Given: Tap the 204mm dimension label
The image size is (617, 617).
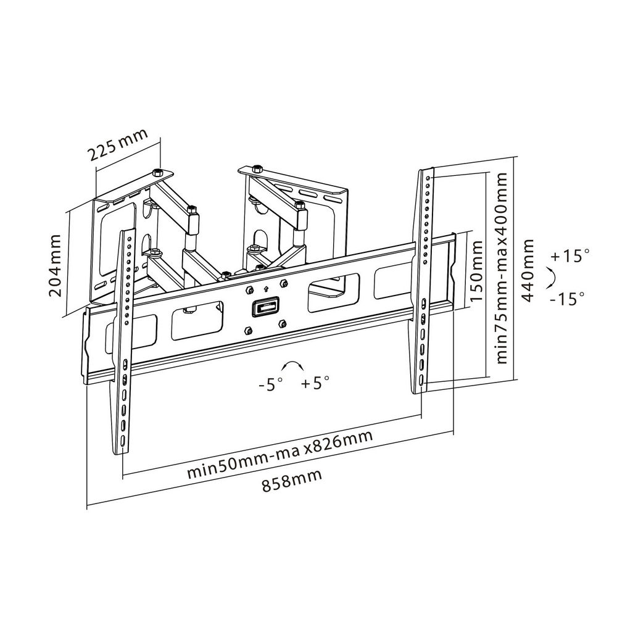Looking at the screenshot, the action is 56,265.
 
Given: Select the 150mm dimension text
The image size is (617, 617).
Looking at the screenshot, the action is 476,271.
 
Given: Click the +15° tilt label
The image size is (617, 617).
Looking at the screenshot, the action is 570,256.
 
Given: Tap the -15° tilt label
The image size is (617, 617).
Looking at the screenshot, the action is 568,298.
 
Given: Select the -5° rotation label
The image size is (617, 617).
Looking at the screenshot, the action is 271,384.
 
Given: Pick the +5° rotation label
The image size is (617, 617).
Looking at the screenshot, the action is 315,382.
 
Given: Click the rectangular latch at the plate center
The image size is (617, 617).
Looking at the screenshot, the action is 265,306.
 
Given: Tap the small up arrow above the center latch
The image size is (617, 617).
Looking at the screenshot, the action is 265,289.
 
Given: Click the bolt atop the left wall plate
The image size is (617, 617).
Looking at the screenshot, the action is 157,172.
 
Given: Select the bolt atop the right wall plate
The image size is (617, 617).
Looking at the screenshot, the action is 257,169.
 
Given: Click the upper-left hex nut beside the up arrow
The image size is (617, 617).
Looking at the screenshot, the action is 248,290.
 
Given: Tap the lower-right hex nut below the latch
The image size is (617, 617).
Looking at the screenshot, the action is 282,323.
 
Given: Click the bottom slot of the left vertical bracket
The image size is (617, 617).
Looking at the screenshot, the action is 123,441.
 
